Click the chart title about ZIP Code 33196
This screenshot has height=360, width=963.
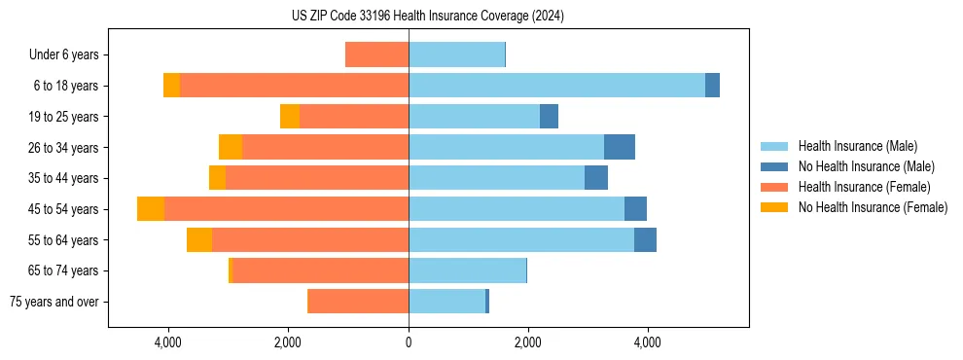point(427,17)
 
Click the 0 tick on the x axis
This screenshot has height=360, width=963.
point(409,342)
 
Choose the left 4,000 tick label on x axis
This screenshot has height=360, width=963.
point(168,342)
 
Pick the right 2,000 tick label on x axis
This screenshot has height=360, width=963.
point(528,342)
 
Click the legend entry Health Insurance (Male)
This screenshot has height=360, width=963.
point(857,146)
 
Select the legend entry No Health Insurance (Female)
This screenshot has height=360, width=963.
point(873,207)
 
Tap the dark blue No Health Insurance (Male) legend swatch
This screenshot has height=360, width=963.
point(774,166)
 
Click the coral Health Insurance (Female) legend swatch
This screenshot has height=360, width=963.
point(774,187)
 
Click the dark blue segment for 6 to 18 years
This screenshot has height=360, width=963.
point(712,86)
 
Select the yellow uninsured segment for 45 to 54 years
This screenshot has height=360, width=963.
point(151,209)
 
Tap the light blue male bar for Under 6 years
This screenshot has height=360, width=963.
point(456,55)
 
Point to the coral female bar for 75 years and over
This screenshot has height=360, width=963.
point(358,302)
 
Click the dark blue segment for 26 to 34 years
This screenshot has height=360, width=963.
point(620,148)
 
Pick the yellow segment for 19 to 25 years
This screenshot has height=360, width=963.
point(290,117)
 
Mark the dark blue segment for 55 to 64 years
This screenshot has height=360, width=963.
point(645,240)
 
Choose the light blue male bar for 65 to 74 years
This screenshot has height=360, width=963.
point(467,270)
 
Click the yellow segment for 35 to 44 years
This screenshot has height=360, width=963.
point(217,178)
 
